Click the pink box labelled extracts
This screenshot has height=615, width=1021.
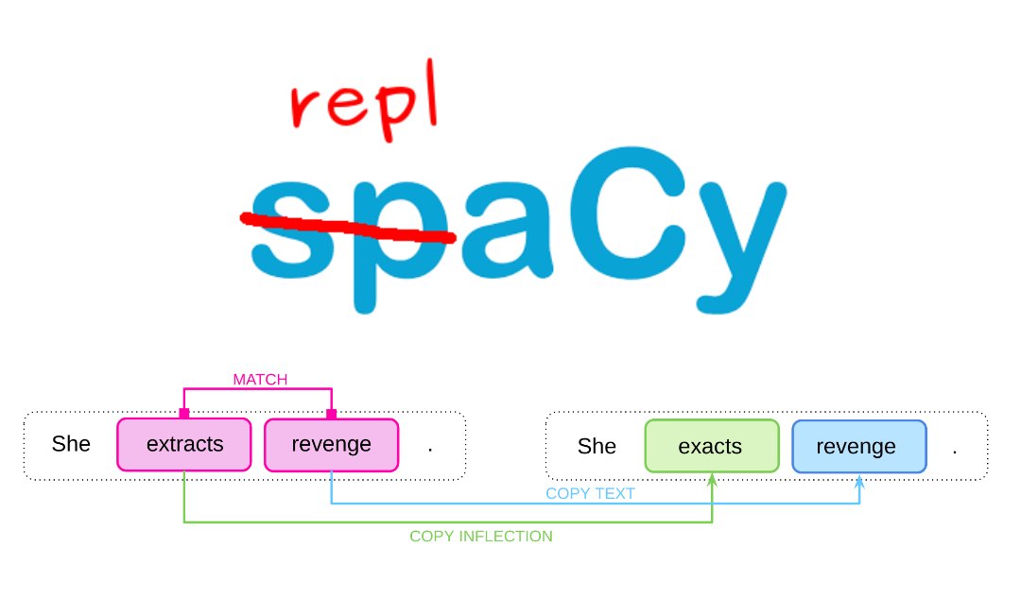tap(184, 444)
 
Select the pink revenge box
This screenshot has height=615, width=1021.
tap(331, 444)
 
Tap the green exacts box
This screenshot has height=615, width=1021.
tap(711, 446)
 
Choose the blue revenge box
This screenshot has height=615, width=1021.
tap(857, 446)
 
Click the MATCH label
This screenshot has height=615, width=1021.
tap(260, 380)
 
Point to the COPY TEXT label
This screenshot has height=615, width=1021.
tap(590, 493)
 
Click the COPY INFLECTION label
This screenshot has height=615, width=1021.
tap(480, 536)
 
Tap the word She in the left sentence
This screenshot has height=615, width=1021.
tap(71, 444)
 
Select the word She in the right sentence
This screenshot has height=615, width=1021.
tap(597, 446)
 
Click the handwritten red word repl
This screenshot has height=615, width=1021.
tap(364, 111)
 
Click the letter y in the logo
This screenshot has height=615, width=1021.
tap(733, 236)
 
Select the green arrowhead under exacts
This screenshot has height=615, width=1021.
tap(712, 481)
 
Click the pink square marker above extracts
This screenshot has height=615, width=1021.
tap(184, 413)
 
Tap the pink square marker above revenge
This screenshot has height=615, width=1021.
tap(331, 413)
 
